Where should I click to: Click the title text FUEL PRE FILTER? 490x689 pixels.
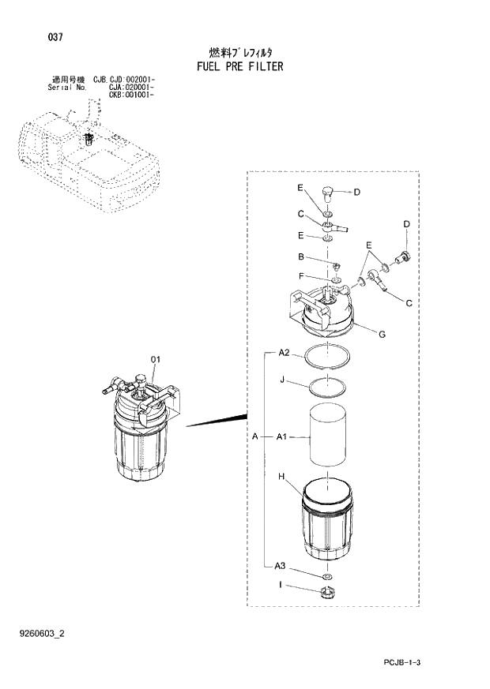239,66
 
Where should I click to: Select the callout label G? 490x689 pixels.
382,335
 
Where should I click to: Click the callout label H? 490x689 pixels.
281,476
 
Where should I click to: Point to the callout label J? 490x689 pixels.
281,379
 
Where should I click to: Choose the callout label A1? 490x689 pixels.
283,436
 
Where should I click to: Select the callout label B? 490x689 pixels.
301,257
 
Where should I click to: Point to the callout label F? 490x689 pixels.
301,276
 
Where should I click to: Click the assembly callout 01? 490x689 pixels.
156,360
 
